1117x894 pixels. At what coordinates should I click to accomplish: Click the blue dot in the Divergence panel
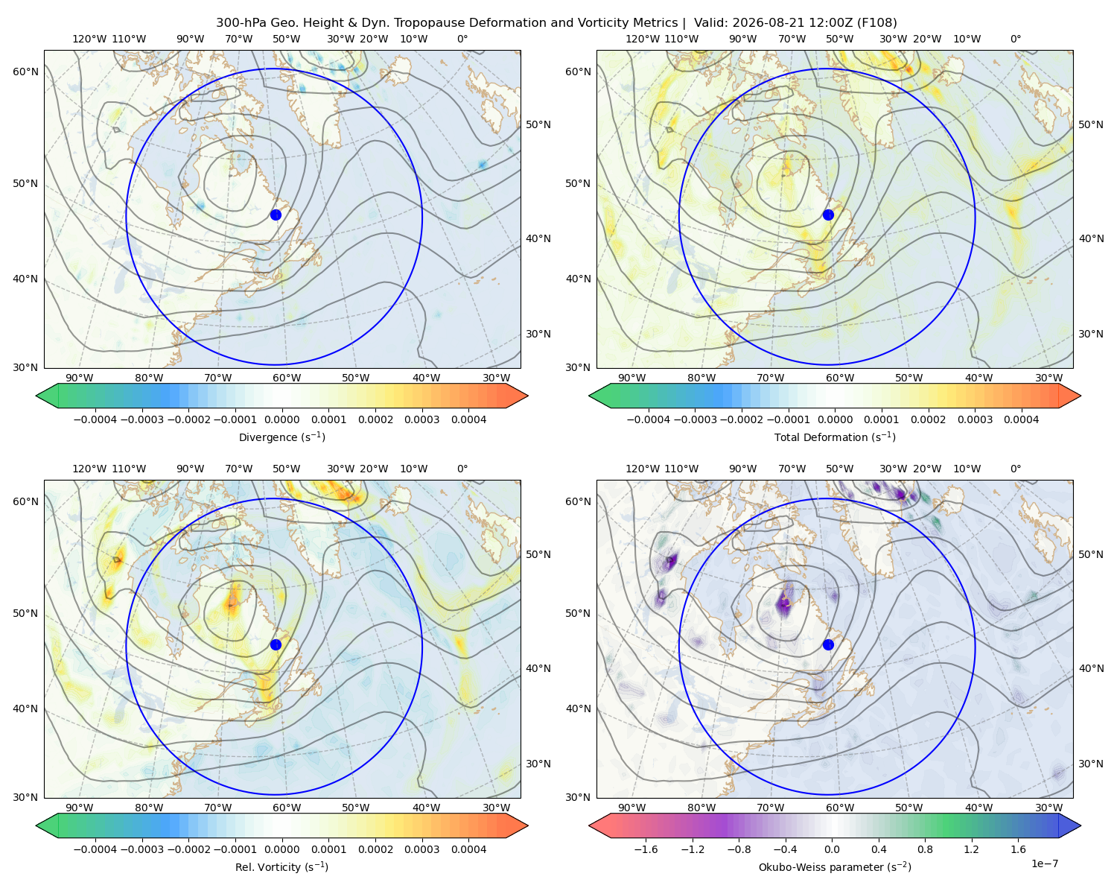click(x=276, y=215)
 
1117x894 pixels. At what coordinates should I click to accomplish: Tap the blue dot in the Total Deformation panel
click(x=828, y=215)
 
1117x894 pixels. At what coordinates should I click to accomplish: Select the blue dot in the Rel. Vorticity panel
click(x=276, y=644)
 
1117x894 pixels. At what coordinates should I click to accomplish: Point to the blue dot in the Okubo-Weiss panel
click(x=828, y=644)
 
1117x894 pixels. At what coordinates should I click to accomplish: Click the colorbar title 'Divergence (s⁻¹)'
click(x=281, y=437)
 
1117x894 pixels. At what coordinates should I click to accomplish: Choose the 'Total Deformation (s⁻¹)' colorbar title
click(x=835, y=437)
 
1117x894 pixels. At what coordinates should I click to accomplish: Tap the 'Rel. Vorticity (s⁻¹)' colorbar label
click(x=281, y=866)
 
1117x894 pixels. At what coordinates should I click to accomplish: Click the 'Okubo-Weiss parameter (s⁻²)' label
click(x=835, y=866)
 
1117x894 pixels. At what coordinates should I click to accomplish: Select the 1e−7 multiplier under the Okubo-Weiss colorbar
click(x=1044, y=863)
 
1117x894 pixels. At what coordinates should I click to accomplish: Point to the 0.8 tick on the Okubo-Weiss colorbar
click(x=925, y=849)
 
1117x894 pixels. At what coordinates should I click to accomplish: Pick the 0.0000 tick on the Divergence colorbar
click(x=281, y=419)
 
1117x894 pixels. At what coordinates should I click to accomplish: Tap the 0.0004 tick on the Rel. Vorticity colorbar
click(x=468, y=849)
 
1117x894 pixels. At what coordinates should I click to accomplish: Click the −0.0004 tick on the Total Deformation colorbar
click(x=649, y=419)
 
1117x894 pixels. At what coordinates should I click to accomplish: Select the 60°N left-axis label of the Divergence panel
click(x=25, y=72)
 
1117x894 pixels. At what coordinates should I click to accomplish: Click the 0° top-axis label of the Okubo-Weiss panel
click(x=1015, y=468)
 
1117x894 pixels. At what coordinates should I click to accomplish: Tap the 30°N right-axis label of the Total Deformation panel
click(x=1090, y=334)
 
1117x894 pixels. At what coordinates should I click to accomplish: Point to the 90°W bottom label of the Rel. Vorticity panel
click(x=80, y=808)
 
